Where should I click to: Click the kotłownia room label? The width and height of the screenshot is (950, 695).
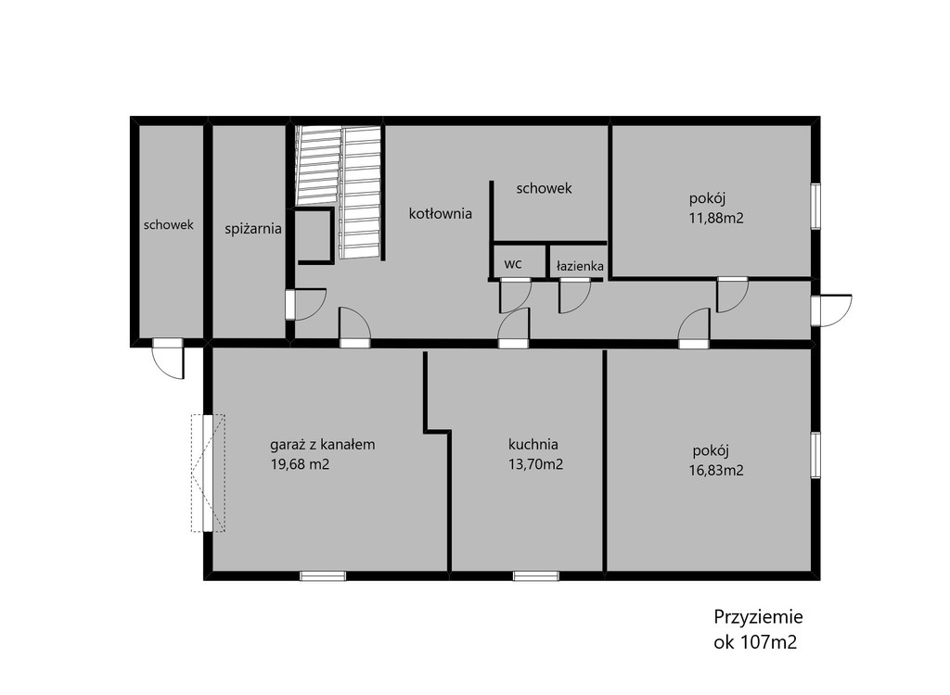(441, 214)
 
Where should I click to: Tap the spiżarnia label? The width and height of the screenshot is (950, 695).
(253, 230)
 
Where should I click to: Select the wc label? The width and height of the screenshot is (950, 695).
(513, 264)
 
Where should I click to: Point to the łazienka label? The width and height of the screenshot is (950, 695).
(580, 266)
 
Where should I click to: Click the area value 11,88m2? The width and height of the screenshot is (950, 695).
(716, 218)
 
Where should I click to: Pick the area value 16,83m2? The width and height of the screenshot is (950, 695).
(716, 471)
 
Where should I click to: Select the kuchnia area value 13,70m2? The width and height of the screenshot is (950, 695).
(535, 464)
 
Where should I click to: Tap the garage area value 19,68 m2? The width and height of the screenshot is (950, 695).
(300, 464)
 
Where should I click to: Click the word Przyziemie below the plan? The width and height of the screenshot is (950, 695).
(759, 617)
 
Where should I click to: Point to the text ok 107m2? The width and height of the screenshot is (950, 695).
(755, 642)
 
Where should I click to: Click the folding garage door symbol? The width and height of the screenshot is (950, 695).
(208, 473)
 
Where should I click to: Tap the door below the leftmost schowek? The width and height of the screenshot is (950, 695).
(168, 359)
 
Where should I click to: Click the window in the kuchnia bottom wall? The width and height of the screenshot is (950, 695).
(536, 575)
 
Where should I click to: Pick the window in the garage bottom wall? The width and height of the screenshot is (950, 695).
(323, 575)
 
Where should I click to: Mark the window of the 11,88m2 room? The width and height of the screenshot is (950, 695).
(815, 207)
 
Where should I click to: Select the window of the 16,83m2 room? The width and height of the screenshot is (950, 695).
(815, 455)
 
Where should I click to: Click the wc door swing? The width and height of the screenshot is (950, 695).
(516, 295)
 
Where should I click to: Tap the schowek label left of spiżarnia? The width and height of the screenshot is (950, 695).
(169, 224)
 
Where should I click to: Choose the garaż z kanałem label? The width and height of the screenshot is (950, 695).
(322, 445)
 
